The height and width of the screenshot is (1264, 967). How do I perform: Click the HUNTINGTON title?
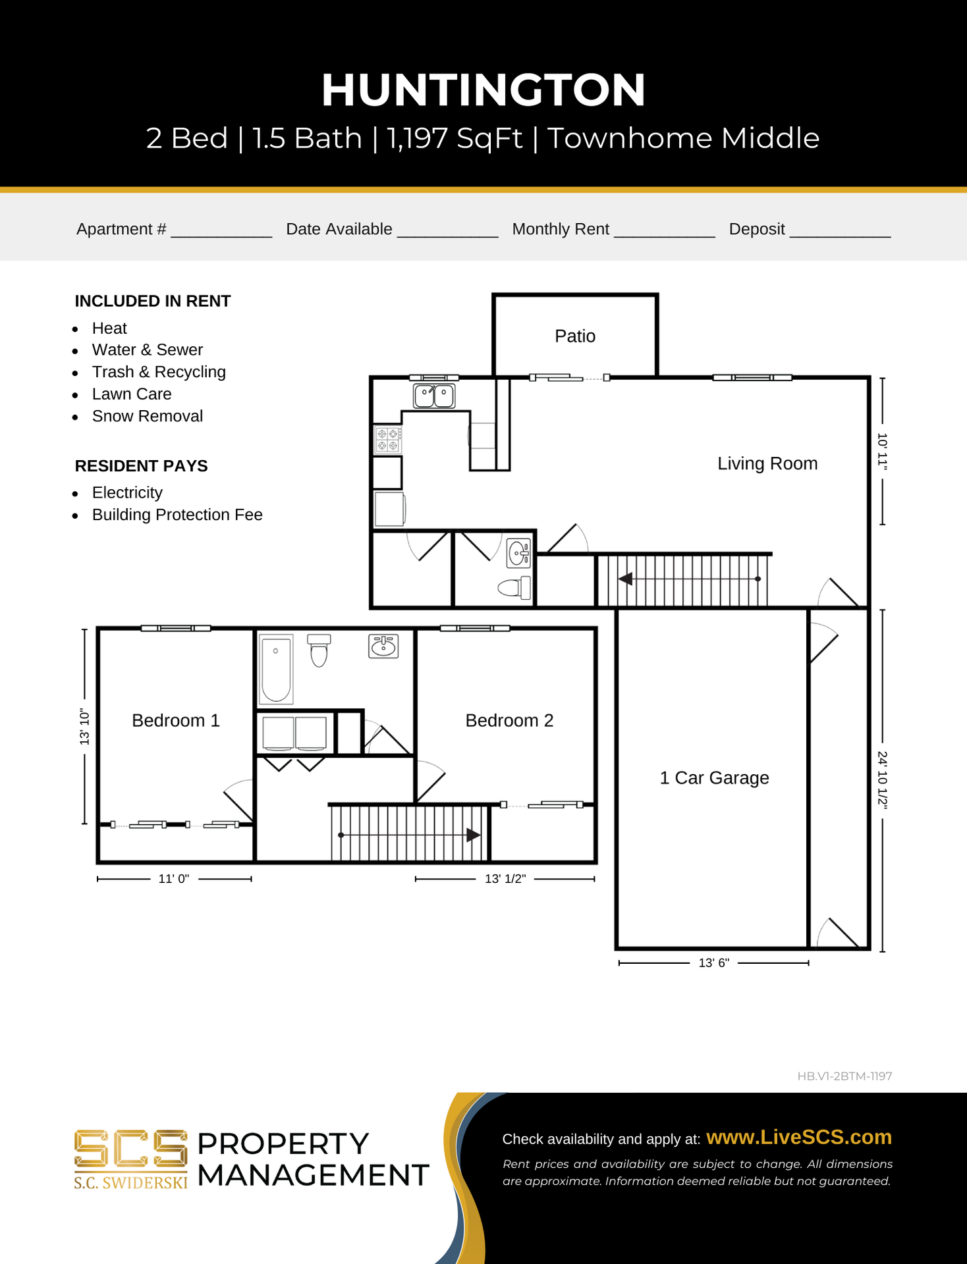(484, 90)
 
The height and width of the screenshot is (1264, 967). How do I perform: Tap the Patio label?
(575, 336)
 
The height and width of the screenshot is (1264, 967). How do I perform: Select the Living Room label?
(767, 463)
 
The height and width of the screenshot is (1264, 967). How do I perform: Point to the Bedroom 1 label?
(176, 720)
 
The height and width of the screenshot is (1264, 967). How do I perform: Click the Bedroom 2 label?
(509, 720)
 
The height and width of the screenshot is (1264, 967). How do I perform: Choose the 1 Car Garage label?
(714, 777)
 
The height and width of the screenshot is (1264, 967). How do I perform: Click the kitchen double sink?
(434, 396)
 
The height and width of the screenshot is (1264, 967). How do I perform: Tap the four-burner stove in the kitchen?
(388, 440)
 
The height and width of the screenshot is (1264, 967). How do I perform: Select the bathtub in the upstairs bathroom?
(276, 669)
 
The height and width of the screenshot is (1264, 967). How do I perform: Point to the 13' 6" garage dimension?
(714, 962)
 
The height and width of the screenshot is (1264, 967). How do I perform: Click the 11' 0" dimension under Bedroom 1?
(174, 879)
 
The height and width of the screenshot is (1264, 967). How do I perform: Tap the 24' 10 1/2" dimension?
(883, 780)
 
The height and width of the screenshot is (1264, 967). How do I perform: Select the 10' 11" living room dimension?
(883, 451)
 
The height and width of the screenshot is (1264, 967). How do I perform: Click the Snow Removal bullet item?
(148, 416)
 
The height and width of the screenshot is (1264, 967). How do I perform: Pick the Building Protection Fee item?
(177, 515)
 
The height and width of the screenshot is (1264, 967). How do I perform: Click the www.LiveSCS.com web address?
(799, 1137)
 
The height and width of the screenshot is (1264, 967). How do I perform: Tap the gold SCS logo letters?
(131, 1149)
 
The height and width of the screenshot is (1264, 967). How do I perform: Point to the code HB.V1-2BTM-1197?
(844, 1076)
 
